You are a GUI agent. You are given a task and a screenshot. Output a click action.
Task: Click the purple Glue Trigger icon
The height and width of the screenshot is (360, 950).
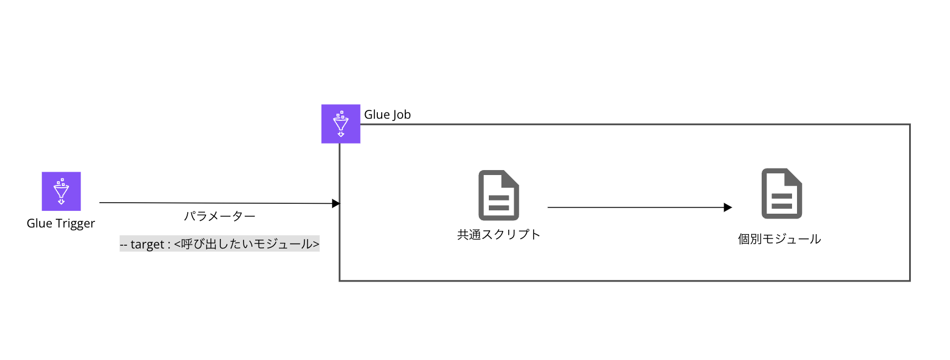[x=61, y=191]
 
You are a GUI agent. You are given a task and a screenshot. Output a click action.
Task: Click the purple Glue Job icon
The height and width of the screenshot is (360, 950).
[x=341, y=124]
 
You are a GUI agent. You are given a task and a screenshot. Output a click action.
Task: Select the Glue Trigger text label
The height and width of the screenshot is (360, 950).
[x=61, y=224]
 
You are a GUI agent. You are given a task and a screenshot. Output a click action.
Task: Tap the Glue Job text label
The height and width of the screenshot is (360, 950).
[x=387, y=115]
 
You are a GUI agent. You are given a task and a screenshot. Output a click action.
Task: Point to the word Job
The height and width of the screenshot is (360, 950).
[x=402, y=115]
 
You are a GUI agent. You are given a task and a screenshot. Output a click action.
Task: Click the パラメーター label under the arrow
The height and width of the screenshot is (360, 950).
[x=219, y=216]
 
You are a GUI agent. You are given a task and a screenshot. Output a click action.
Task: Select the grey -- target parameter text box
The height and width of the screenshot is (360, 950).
[x=219, y=244]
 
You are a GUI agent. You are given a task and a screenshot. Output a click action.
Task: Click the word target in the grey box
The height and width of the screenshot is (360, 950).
[x=147, y=245]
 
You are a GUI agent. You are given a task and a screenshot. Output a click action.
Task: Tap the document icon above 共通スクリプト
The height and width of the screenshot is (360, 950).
[x=498, y=195]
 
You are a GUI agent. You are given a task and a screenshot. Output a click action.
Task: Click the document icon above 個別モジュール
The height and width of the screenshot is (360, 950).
[x=782, y=194]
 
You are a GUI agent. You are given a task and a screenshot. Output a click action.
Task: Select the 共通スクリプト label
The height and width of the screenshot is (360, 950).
[x=498, y=235]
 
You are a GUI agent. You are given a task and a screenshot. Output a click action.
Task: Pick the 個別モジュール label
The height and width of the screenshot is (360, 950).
[x=779, y=239]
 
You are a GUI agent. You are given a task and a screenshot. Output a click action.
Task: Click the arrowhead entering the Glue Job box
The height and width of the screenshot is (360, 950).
[x=336, y=204]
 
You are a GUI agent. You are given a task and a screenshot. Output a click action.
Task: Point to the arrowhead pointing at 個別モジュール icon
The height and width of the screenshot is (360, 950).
[x=727, y=208]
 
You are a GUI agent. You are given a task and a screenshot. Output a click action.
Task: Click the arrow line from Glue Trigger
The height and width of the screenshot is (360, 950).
[x=215, y=203]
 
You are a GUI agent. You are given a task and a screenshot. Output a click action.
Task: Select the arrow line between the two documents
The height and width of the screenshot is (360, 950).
[x=635, y=208]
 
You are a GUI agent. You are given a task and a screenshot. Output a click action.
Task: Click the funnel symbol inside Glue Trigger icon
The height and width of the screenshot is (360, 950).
[x=61, y=191]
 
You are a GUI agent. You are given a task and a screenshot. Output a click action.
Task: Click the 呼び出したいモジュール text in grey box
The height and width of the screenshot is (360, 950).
[x=246, y=244]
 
